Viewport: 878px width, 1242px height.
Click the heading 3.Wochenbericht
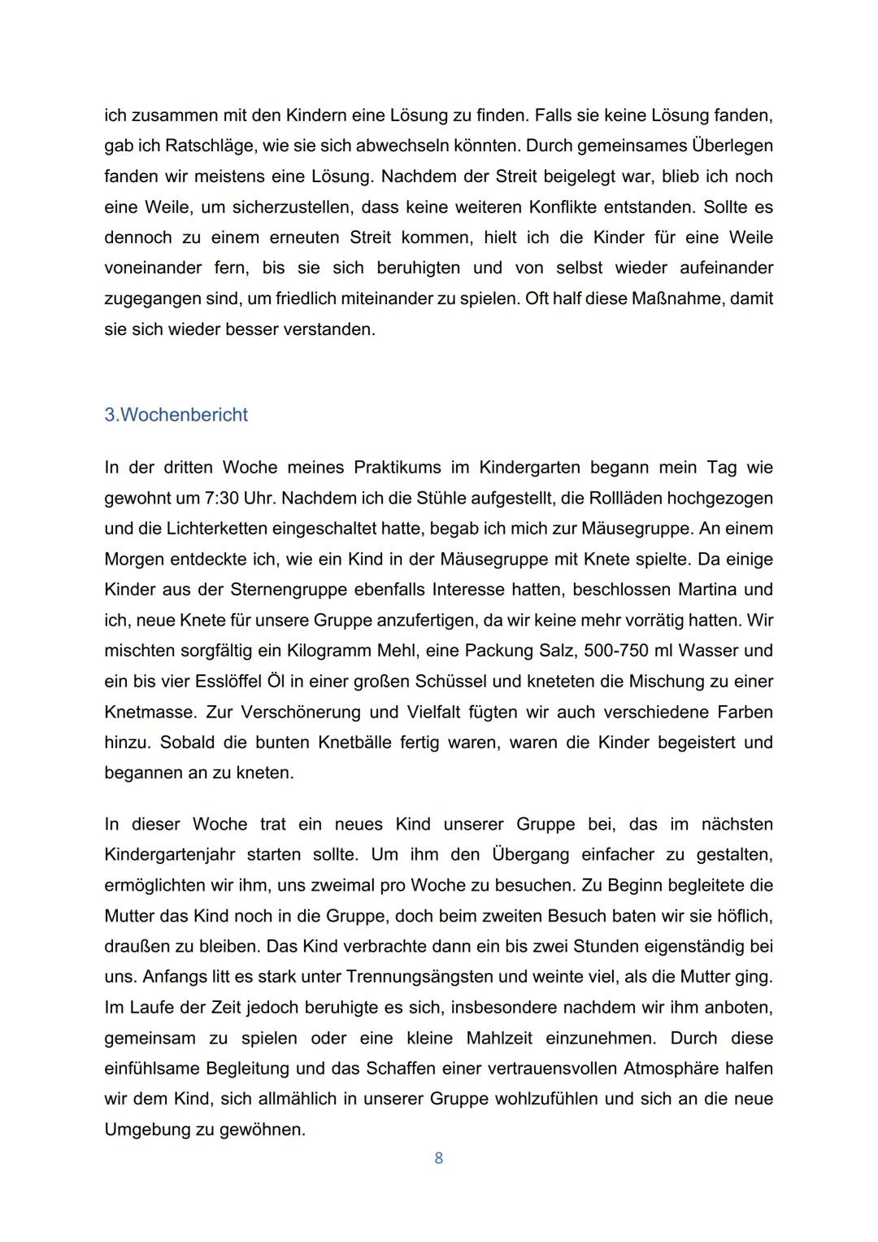[x=176, y=415]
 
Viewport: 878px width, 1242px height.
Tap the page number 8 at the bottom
[x=438, y=1157]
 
